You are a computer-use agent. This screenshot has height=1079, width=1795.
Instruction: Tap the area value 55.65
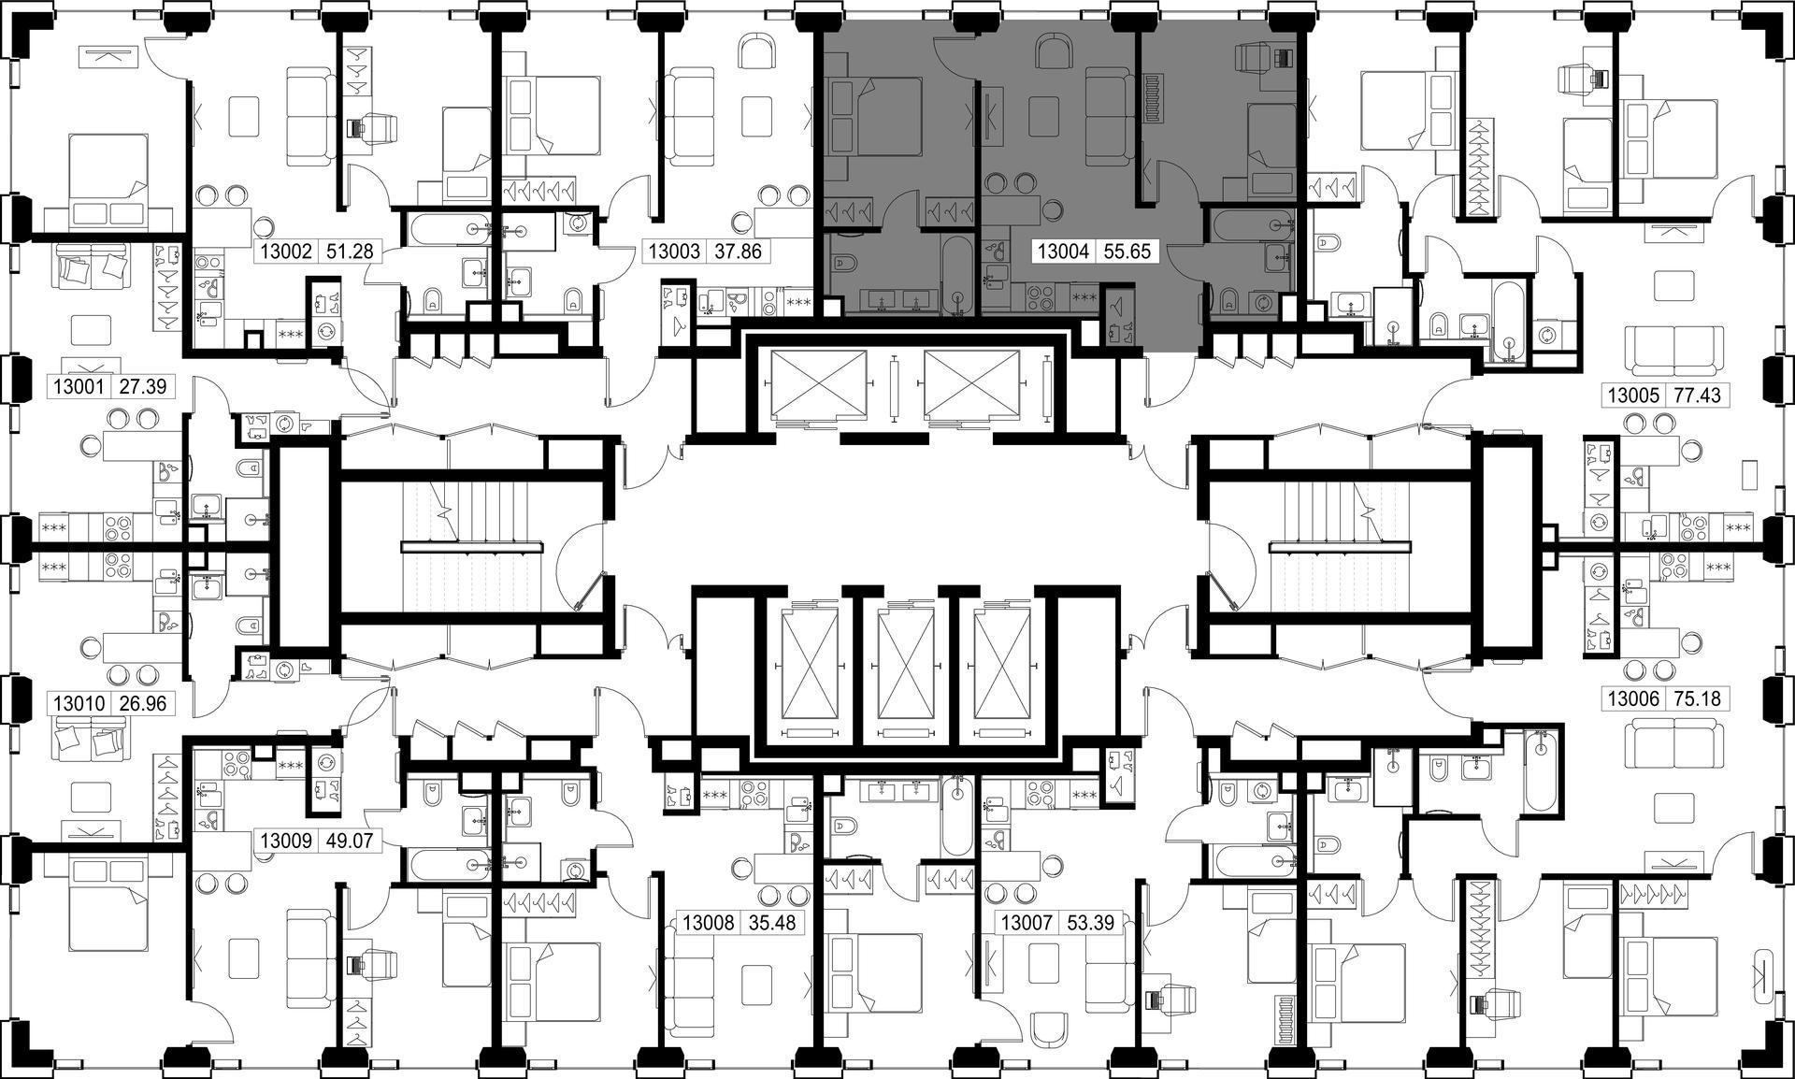click(1127, 252)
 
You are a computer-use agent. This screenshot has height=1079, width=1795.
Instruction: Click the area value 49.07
click(348, 841)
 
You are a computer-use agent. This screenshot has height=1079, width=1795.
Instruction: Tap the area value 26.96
click(143, 703)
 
